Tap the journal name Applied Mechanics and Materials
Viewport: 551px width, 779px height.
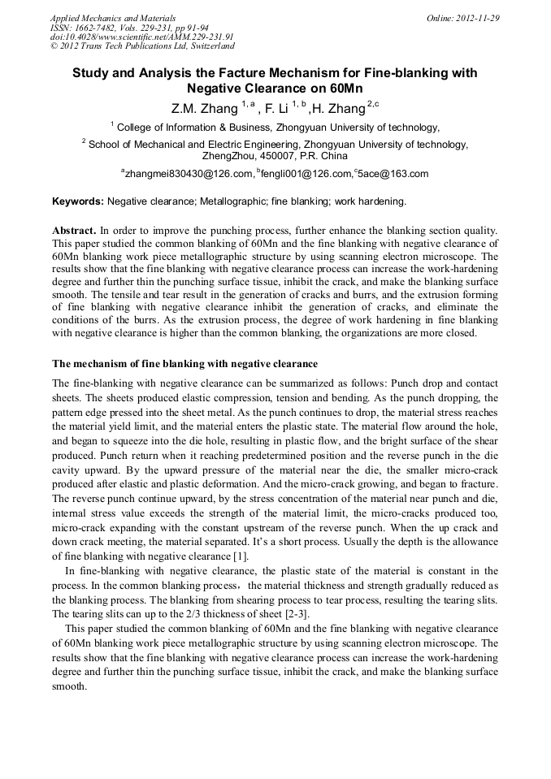(x=113, y=17)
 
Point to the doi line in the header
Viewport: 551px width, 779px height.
(x=141, y=37)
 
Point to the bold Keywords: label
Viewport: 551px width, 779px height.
(x=78, y=201)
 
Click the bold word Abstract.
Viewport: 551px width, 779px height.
(x=76, y=231)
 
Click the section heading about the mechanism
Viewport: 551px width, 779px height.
(x=184, y=363)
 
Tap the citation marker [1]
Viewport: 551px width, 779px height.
(x=241, y=556)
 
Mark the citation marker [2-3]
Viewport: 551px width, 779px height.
(x=290, y=612)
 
